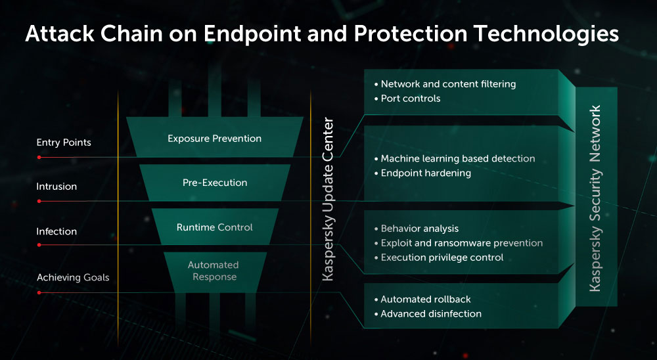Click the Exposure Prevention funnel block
(x=215, y=137)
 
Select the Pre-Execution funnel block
(x=215, y=183)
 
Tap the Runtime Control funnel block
(x=215, y=227)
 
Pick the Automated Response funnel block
(x=215, y=272)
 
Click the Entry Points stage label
(x=64, y=143)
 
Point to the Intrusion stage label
(x=57, y=187)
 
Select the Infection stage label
(x=57, y=231)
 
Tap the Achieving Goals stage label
(x=73, y=277)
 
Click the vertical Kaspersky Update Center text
(x=328, y=199)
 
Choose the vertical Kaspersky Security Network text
(x=595, y=198)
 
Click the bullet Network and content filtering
(x=445, y=84)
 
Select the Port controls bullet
(x=407, y=99)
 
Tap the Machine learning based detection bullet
(x=455, y=158)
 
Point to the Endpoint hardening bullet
(x=422, y=173)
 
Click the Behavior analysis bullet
(x=417, y=229)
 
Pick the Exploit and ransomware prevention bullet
(x=459, y=243)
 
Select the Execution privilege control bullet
(x=439, y=258)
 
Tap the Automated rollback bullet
(x=422, y=299)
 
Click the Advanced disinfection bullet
(x=428, y=313)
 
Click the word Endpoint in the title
(x=252, y=34)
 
